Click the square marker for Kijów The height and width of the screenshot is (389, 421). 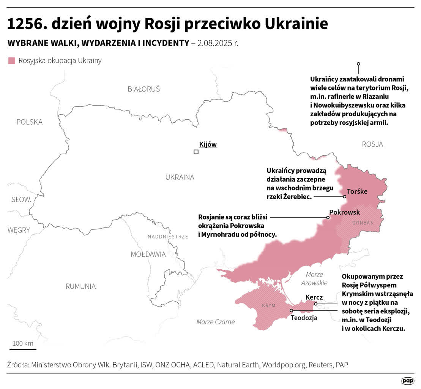click(196, 152)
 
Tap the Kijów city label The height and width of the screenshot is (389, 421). click(208, 144)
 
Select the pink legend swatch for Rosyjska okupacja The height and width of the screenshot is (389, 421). click(12, 61)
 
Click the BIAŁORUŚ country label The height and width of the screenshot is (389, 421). click(143, 89)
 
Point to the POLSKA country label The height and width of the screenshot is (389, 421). click(29, 122)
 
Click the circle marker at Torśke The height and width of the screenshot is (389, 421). click(345, 197)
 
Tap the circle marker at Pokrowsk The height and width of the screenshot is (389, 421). click(328, 218)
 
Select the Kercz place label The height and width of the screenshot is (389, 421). click(314, 297)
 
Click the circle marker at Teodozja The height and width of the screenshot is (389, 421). click(292, 310)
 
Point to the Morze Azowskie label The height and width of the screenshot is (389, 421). click(314, 278)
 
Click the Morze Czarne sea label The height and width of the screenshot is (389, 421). click(215, 322)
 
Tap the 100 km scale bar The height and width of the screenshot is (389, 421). click(23, 349)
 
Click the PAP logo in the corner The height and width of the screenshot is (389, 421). click(408, 381)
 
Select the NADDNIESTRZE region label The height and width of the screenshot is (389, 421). click(167, 237)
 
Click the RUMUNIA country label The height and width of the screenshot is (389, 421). click(80, 286)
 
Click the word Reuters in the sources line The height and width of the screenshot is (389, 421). click(320, 365)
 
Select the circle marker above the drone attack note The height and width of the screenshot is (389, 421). click(358, 64)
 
